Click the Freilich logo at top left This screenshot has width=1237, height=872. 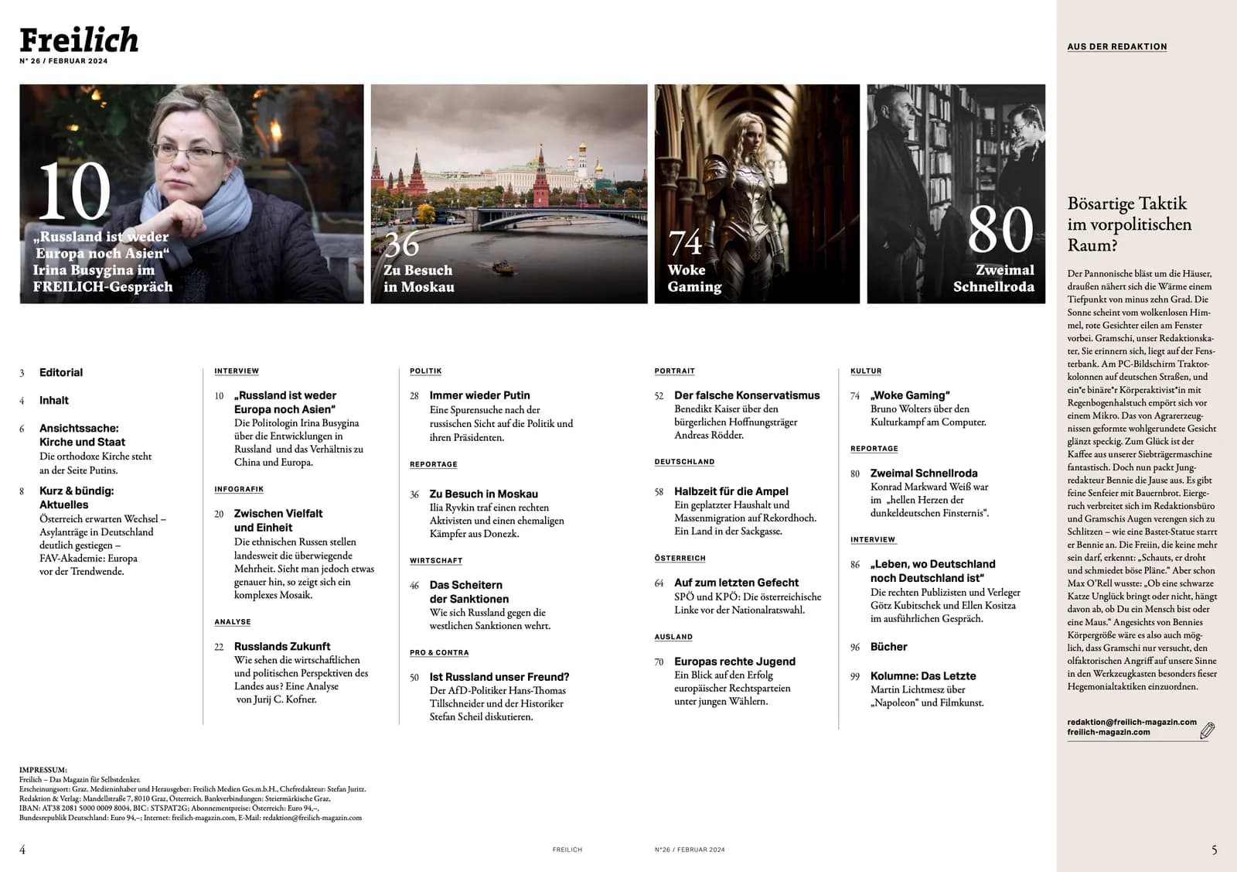coord(79,39)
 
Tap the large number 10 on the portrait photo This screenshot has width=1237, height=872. coord(74,192)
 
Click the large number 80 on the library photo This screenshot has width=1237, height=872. coord(1000,229)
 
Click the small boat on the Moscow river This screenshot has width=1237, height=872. coord(503,268)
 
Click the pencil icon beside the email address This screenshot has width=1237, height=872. coord(1207,730)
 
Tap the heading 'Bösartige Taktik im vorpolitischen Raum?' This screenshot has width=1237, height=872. coord(1129,224)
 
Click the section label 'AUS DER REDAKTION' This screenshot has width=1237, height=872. coord(1116,46)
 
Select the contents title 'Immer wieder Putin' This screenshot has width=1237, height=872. coord(479,395)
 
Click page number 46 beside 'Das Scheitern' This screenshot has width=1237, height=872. coord(414,586)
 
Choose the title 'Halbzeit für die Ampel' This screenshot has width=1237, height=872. coord(731,491)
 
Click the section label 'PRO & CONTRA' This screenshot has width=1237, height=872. coord(439,653)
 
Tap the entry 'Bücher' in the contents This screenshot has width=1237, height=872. coord(888,647)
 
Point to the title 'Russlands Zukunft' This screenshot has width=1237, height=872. coord(281,647)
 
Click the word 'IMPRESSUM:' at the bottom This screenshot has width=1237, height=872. coord(43,770)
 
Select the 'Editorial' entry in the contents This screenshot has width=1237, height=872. coord(61,372)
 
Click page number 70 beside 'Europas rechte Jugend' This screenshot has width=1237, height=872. coord(659,662)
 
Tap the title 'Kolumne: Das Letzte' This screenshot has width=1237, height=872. coord(922,676)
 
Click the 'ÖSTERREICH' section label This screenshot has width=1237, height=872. coord(680,558)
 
